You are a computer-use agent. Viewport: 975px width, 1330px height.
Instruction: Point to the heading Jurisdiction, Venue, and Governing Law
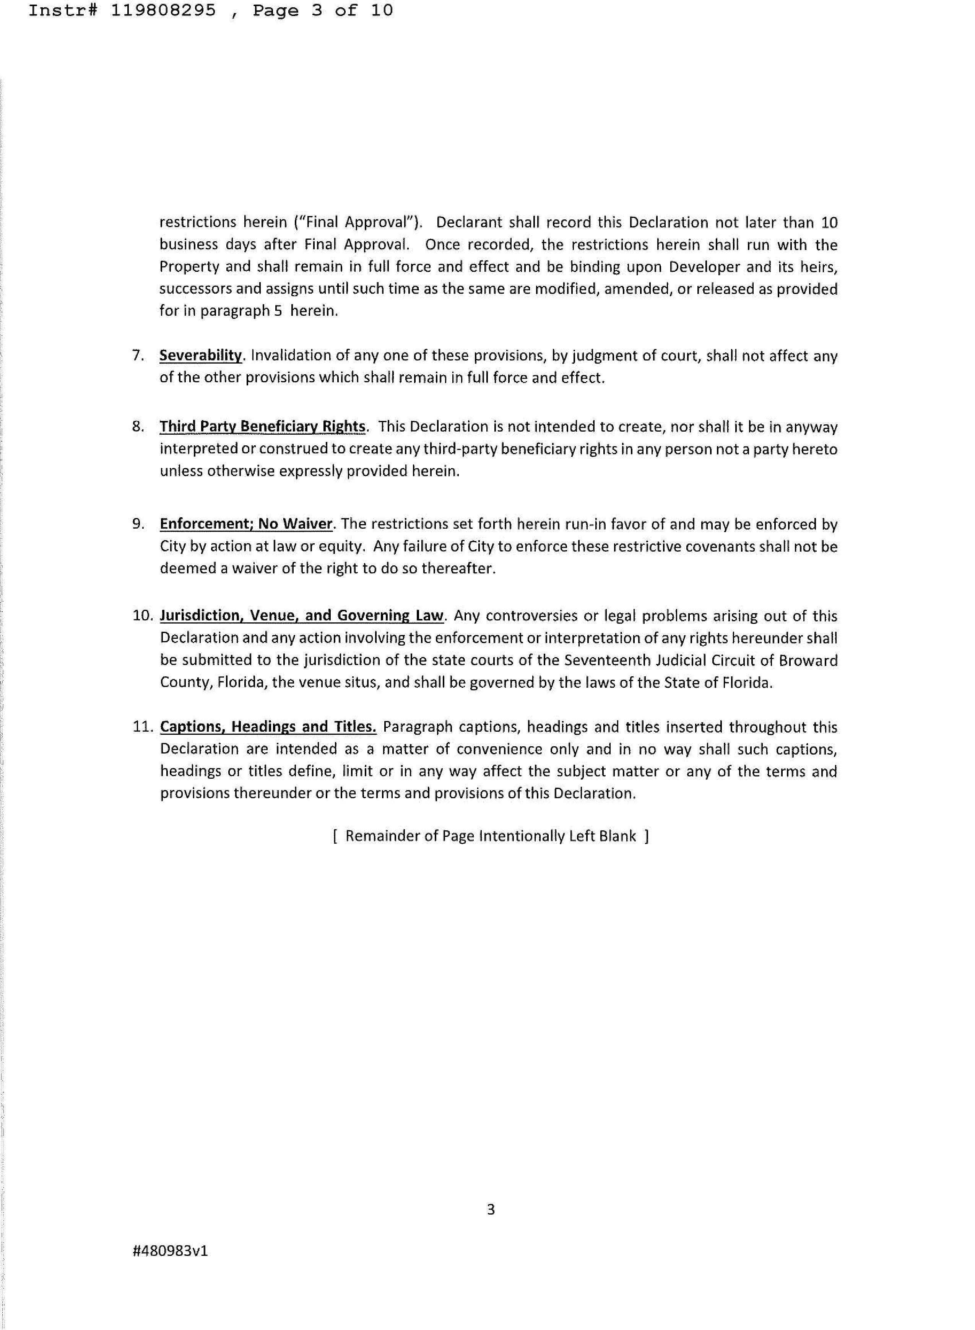[302, 615]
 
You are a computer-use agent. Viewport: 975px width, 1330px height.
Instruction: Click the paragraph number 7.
[138, 355]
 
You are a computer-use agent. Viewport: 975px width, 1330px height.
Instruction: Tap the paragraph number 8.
[138, 426]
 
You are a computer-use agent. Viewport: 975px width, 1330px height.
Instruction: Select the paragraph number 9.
[138, 523]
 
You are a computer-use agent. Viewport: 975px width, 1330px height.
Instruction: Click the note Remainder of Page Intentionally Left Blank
[491, 836]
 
